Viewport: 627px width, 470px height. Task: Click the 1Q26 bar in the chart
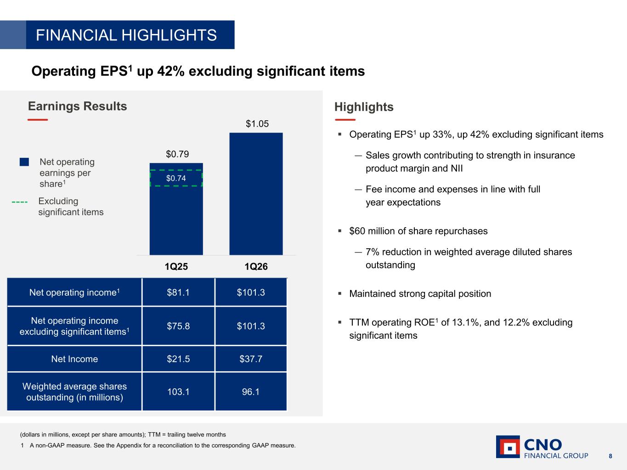(256, 194)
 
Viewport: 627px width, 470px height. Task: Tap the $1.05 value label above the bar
(257, 124)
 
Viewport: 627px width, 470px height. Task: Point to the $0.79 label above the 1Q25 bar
(177, 154)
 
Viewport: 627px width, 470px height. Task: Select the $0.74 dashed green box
(176, 178)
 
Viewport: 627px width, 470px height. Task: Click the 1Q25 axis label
(176, 267)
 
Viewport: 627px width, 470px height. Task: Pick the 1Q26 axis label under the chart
(256, 267)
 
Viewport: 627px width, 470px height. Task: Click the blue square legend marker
(24, 162)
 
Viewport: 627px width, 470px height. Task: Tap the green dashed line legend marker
(20, 202)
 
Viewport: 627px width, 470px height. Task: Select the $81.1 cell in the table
(178, 292)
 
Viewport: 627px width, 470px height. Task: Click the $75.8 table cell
(178, 326)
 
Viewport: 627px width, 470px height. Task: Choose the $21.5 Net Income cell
(178, 359)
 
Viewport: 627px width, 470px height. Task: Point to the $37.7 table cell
(251, 359)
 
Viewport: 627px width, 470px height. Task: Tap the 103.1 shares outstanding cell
(178, 392)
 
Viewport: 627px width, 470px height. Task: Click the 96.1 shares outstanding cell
(251, 392)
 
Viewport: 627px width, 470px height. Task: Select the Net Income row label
(74, 359)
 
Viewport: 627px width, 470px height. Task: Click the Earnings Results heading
(78, 106)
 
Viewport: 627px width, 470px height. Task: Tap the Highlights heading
(364, 107)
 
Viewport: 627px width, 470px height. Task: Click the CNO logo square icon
(508, 447)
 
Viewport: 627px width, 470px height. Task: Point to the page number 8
(610, 456)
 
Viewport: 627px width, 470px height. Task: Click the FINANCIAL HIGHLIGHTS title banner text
(126, 35)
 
